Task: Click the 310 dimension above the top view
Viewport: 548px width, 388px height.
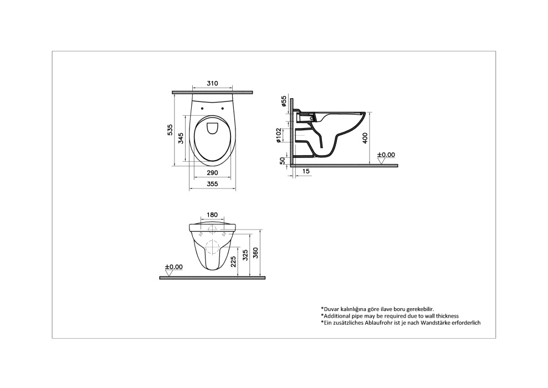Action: (x=212, y=84)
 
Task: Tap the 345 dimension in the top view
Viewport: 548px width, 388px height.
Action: (x=181, y=139)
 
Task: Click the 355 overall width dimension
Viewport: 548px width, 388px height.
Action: (x=212, y=184)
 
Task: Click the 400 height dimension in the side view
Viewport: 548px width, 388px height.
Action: (x=365, y=137)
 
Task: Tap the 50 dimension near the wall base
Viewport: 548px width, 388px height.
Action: (x=283, y=161)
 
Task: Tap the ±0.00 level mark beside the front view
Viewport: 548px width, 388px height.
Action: (x=173, y=267)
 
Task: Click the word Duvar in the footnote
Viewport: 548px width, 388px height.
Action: (x=332, y=308)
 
